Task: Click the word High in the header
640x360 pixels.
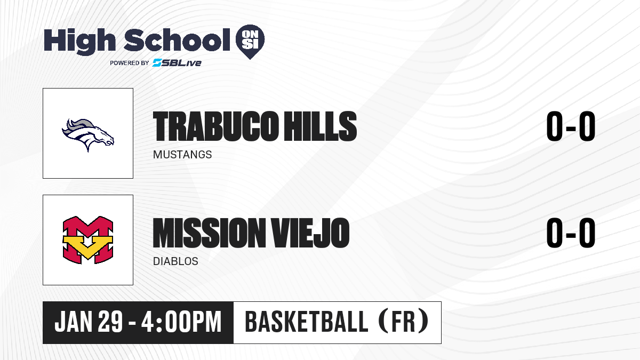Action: pos(79,42)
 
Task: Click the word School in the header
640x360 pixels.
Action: pos(177,40)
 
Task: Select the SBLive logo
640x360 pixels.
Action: pos(177,62)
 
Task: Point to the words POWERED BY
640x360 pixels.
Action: pos(130,63)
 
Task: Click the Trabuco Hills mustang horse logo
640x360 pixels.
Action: pos(88,135)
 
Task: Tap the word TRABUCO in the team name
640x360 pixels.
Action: pos(215,126)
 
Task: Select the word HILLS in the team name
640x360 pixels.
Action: pos(321,126)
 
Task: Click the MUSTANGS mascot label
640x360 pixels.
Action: pos(182,155)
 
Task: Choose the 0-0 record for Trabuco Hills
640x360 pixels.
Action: pos(571,126)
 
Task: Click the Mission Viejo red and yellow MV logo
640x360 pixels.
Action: pos(88,240)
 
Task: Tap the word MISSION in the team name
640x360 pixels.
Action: pos(210,233)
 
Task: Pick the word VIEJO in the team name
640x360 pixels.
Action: pos(310,233)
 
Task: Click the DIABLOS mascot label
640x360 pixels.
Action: pos(175,261)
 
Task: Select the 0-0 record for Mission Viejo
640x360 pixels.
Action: pos(571,233)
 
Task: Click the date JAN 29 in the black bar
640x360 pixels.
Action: pos(89,322)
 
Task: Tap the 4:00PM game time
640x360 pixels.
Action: pos(181,322)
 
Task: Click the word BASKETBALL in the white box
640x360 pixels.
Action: pos(306,322)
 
